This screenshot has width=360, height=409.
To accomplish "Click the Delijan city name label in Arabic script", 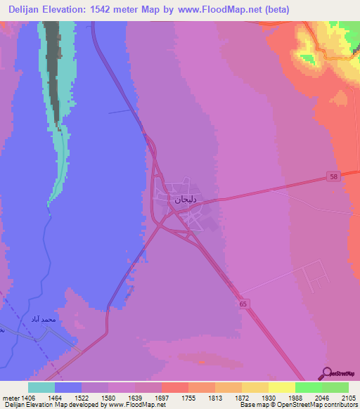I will [x=185, y=200].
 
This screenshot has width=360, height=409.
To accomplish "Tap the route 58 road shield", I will [x=333, y=176].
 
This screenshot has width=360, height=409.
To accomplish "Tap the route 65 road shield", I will [x=243, y=304].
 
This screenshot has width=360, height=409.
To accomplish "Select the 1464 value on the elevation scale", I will [x=54, y=398].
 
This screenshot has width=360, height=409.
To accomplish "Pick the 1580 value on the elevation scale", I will [x=108, y=398].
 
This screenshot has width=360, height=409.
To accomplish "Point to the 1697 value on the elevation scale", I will [x=162, y=398].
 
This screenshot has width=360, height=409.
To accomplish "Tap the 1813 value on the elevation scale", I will [x=215, y=398].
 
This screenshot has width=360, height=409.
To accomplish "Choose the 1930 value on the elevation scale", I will [x=269, y=398].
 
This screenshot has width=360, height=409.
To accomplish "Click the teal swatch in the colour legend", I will [x=41, y=387].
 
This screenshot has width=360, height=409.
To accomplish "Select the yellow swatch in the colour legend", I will [x=282, y=387].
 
